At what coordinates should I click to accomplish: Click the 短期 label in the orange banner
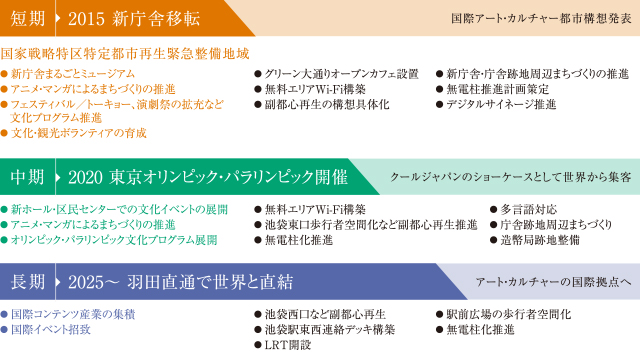point(27,19)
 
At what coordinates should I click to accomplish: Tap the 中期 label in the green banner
point(27,176)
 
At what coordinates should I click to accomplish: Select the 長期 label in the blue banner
point(27,281)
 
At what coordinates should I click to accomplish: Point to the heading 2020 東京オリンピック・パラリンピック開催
point(207,176)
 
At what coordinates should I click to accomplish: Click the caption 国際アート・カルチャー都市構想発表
point(541,19)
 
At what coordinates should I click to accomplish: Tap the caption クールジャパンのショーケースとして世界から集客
point(510,176)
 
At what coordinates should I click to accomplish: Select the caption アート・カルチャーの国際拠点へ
point(553,281)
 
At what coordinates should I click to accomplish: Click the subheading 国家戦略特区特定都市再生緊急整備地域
point(125,54)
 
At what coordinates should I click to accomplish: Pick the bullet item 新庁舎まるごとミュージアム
point(72,73)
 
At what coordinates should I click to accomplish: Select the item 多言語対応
point(526,210)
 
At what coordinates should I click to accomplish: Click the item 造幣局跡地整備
point(540,240)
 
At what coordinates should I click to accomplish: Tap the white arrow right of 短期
point(60,19)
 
